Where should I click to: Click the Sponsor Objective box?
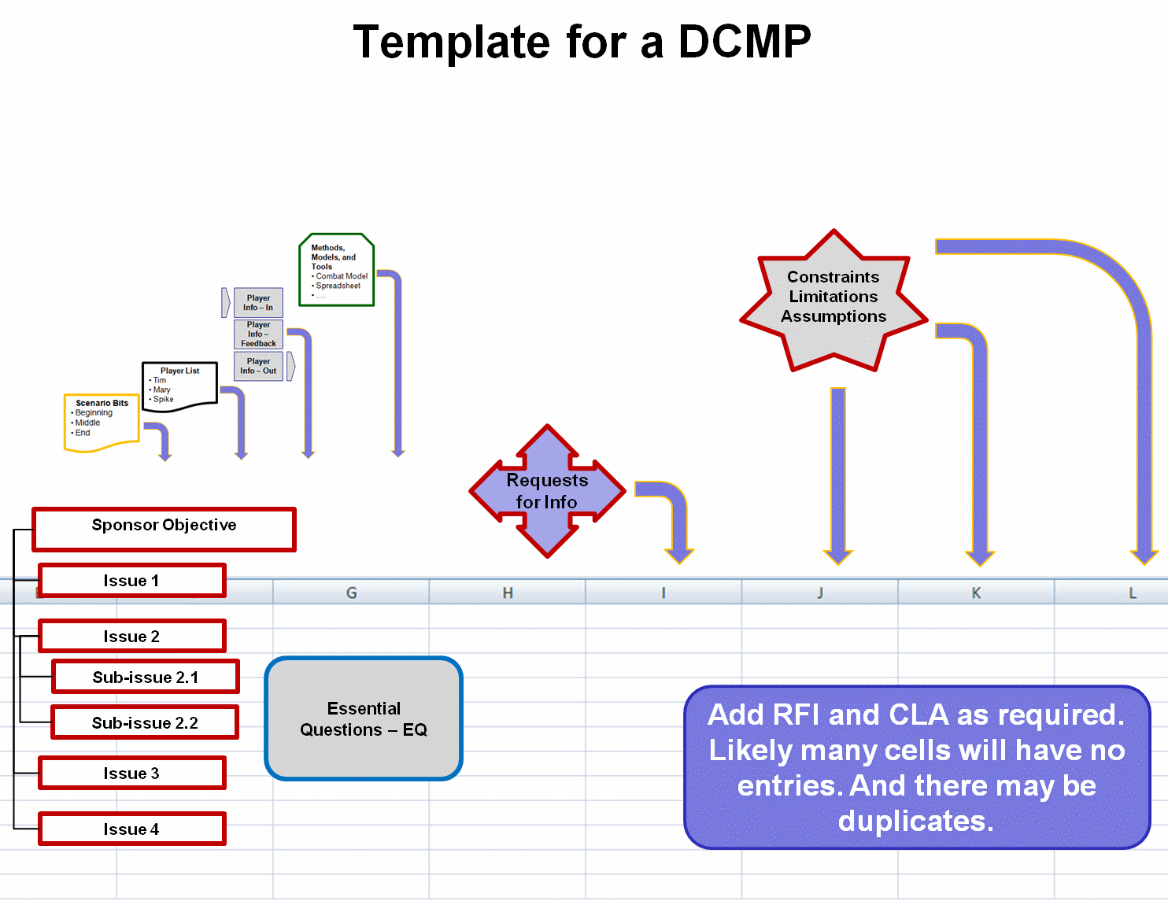[164, 529]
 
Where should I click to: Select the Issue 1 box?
[131, 581]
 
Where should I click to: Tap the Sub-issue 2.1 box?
[146, 677]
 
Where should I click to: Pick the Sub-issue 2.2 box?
[145, 722]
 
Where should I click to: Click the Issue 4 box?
[131, 829]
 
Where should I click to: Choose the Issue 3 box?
[131, 773]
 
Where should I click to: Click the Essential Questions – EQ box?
[364, 718]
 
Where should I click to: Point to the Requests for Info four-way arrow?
[547, 491]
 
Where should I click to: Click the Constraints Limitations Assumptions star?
[833, 299]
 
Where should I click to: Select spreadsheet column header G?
[351, 593]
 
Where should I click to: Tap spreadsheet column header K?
[976, 593]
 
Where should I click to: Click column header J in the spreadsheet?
[819, 593]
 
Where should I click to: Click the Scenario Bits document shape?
[102, 422]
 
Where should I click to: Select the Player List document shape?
[179, 386]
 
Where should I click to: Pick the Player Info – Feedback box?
[258, 334]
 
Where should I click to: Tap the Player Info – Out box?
[258, 366]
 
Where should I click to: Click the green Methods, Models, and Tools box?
[336, 269]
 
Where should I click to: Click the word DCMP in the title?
[744, 42]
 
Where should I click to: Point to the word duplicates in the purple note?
[915, 821]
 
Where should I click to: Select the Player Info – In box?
[258, 303]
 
